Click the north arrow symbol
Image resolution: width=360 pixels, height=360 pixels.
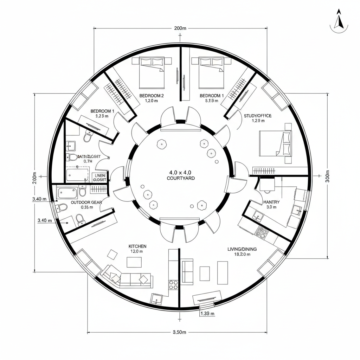click(339, 20)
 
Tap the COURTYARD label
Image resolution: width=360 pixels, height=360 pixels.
click(181, 178)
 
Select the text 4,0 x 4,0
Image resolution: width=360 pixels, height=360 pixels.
click(181, 173)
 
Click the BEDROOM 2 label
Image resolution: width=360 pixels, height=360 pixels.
click(152, 96)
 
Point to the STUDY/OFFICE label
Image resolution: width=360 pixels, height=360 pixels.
click(258, 115)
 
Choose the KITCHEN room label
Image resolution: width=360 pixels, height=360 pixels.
click(137, 246)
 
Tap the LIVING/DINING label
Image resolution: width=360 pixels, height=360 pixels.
click(242, 249)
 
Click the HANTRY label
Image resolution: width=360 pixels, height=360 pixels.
click(271, 202)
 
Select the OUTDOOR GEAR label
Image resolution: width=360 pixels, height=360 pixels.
click(86, 202)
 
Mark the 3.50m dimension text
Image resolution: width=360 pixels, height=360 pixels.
click(180, 332)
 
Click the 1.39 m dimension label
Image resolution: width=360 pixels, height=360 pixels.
click(207, 314)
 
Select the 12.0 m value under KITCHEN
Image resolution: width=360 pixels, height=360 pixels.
click(136, 251)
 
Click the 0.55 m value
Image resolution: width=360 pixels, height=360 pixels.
click(87, 207)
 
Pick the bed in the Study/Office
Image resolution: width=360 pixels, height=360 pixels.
click(275, 143)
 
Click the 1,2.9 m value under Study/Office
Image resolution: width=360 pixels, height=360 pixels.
click(258, 121)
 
